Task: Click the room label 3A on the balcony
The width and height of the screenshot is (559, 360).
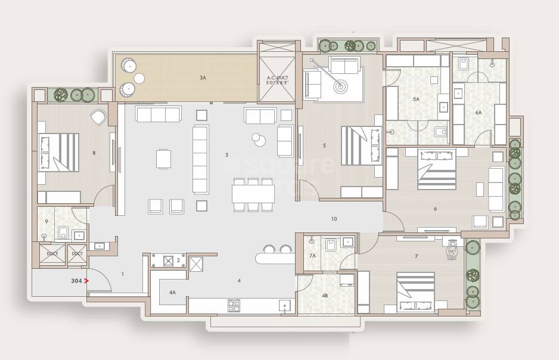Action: coord(203,77)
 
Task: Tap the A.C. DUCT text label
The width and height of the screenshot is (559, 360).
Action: coord(277,80)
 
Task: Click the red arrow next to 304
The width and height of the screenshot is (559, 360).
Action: coord(86,280)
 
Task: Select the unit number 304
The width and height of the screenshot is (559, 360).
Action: coord(76,280)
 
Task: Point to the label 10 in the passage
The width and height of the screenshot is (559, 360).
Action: coord(334,219)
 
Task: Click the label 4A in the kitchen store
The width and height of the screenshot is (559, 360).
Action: coord(172,293)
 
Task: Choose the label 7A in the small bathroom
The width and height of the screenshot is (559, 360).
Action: coord(312,256)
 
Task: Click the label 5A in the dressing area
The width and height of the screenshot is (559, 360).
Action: coord(416,99)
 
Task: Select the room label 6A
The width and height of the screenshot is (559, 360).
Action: coord(478,112)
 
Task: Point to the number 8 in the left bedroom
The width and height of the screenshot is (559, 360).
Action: coord(94,153)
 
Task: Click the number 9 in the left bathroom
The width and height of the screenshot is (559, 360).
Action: coord(46,222)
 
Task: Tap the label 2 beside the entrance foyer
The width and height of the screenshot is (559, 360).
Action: coord(178,260)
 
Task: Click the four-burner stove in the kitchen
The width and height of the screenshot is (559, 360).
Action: coord(233,305)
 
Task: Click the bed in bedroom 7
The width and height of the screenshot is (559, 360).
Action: coord(415,292)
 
